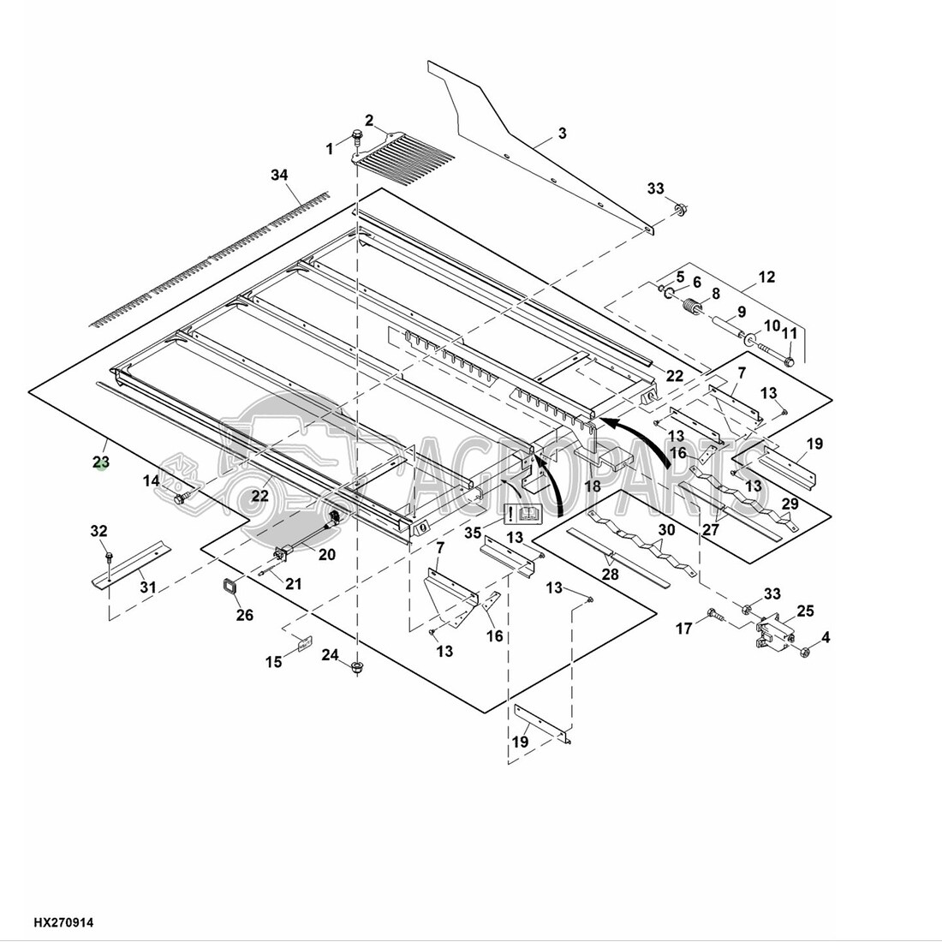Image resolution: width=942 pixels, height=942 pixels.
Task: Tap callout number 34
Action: coord(279,175)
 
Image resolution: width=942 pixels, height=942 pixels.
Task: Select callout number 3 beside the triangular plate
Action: coord(563,133)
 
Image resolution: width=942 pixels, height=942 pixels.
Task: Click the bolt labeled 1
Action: coord(357,138)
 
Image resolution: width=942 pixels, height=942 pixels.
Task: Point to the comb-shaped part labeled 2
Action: coord(403,150)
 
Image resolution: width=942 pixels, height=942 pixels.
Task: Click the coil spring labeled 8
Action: coord(694,307)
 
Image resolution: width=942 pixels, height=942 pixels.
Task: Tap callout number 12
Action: coord(767,277)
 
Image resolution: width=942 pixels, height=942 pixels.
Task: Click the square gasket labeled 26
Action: coord(230,586)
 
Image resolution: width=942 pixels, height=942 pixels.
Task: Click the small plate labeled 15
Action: coord(305,643)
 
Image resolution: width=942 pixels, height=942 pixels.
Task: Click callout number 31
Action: coord(148,587)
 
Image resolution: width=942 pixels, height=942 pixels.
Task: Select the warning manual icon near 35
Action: coord(522,514)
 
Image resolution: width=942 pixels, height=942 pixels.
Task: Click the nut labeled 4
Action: coord(807,651)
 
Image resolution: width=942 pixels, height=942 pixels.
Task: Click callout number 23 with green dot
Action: coord(101,462)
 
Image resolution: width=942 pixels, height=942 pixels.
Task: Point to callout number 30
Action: coord(667,530)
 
